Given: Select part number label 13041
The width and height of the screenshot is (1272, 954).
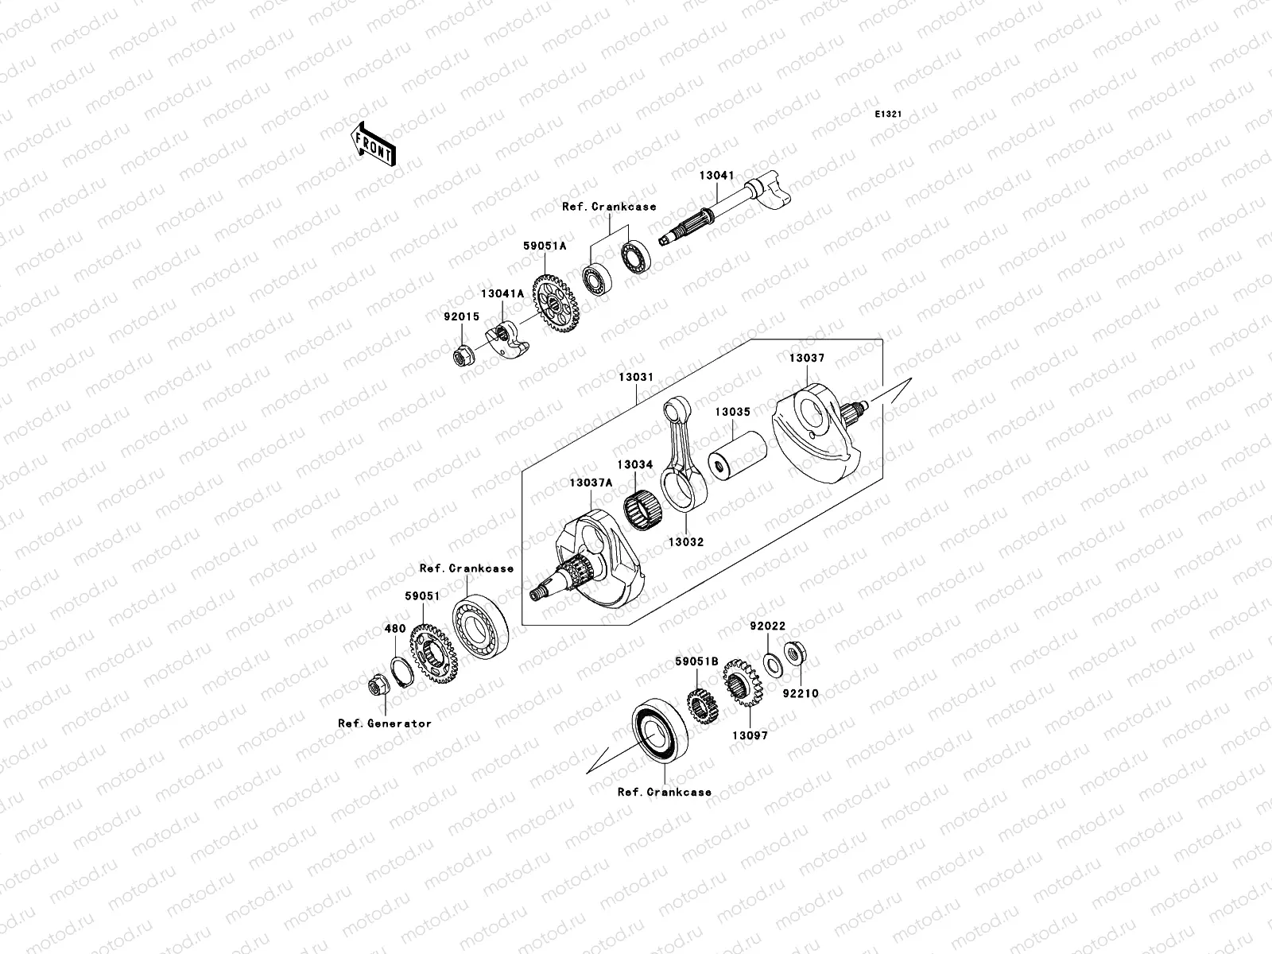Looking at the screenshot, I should click(x=716, y=176).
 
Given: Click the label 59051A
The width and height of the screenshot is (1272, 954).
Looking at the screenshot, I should click(x=544, y=246).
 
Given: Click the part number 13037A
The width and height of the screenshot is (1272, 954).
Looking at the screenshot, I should click(x=590, y=483).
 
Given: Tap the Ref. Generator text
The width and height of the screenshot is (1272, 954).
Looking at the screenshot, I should click(x=384, y=723).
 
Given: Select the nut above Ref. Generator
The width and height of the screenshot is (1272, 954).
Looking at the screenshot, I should click(x=377, y=685).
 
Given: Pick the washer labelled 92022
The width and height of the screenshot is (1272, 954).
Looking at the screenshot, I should click(x=770, y=662).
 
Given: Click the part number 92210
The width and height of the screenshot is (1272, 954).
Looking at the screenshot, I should click(x=799, y=693).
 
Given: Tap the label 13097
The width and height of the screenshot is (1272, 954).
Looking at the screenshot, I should click(x=750, y=735).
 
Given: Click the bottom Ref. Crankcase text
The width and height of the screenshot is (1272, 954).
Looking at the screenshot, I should click(x=664, y=792).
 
